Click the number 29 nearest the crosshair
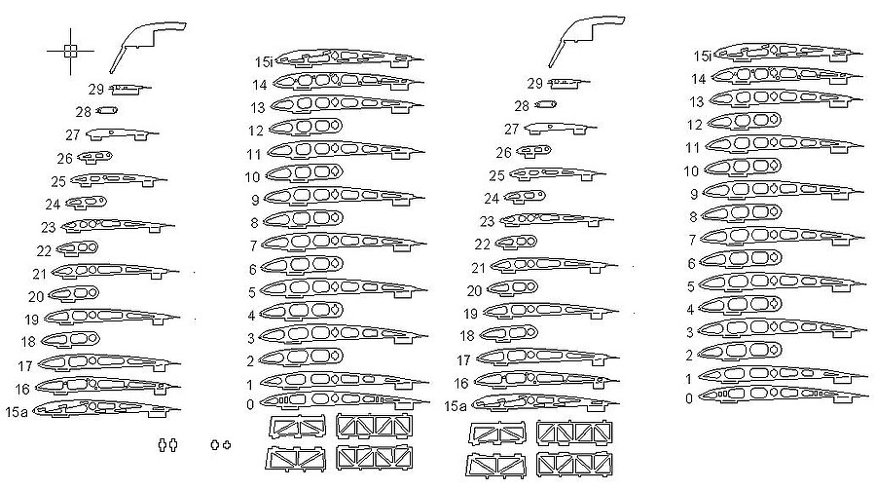pyautogui.click(x=95, y=89)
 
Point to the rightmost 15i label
pyautogui.click(x=702, y=57)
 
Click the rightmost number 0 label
pyautogui.click(x=689, y=397)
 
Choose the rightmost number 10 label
pyautogui.click(x=692, y=170)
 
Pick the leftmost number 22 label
pyautogui.click(x=44, y=250)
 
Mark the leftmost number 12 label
pyautogui.click(x=256, y=131)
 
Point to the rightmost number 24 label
pyautogui.click(x=492, y=199)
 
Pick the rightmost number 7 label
pyautogui.click(x=692, y=239)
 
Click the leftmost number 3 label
pyautogui.click(x=250, y=338)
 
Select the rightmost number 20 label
pyautogui.click(x=475, y=290)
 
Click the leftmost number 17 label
pyautogui.click(x=25, y=366)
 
